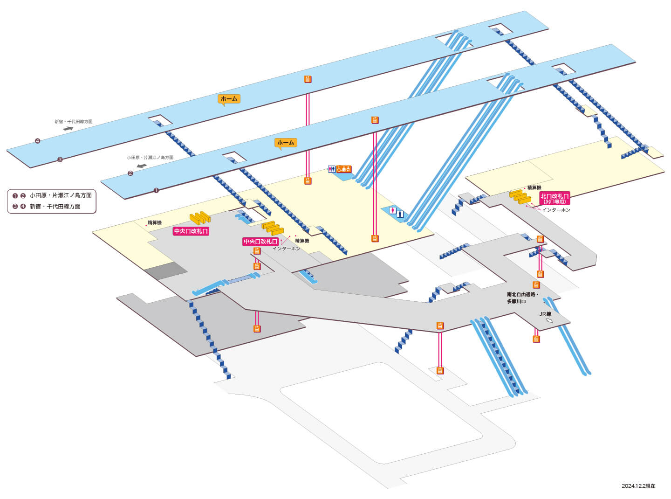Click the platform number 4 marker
point(38,141)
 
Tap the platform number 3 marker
point(60,159)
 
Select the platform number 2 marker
point(130,173)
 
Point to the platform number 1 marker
point(156,190)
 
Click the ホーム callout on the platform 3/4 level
point(229,99)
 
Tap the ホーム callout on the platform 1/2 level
point(286,143)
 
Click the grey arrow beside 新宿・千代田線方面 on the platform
point(68,128)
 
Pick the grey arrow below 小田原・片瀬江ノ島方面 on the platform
point(142,166)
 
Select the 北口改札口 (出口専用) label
point(555,198)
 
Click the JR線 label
point(545,314)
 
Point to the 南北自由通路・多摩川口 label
point(523,298)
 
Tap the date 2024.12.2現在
point(638,486)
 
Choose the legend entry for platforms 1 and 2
point(52,195)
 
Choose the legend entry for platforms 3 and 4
point(46,206)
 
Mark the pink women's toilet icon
point(393,210)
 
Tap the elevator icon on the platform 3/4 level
point(308,79)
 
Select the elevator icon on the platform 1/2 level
point(375,120)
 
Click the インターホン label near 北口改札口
point(556,210)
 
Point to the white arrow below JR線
point(548,320)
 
